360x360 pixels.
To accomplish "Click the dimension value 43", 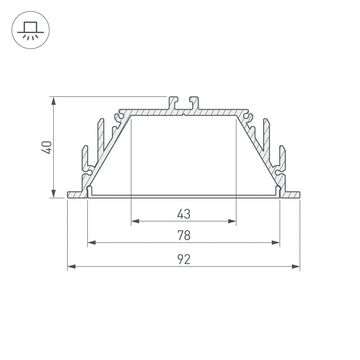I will pos(184,214).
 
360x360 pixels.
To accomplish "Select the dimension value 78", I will pos(184,235).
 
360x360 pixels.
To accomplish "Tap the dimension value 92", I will pos(184,259).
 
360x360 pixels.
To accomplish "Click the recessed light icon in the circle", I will pos(31,30).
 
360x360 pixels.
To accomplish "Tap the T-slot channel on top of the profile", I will pos(184,103).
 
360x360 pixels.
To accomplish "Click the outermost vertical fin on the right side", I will pos(282,158).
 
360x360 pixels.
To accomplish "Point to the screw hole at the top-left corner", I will pos(118,117).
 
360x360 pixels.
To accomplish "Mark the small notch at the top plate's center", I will pos(184,115).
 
